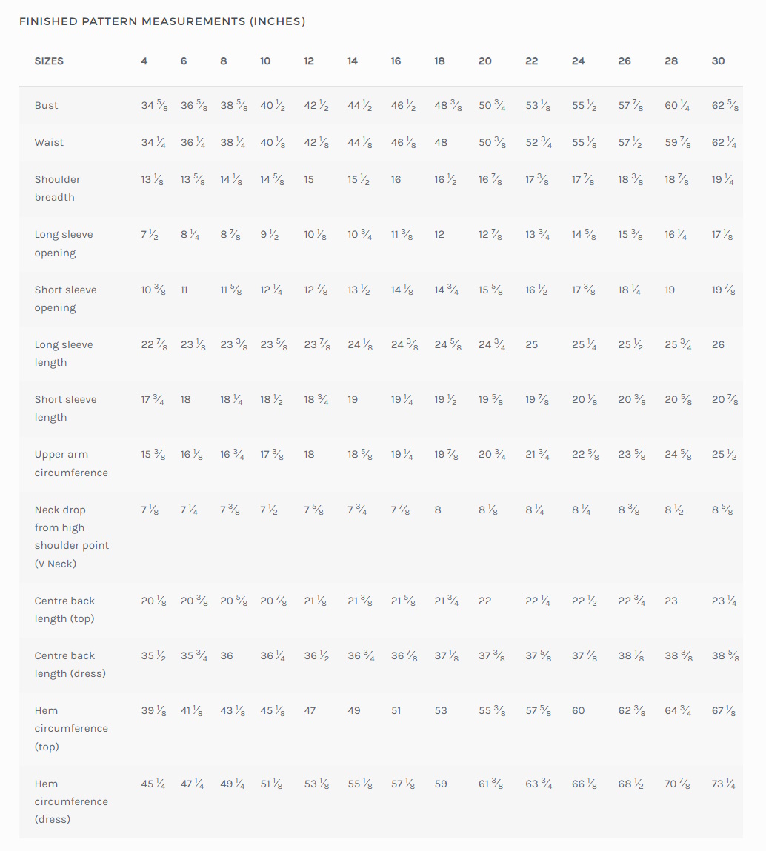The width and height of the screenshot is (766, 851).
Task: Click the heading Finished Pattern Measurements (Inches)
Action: pos(162,21)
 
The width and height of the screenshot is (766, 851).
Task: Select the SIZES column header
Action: pos(49,61)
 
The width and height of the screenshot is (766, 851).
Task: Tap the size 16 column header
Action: pos(396,61)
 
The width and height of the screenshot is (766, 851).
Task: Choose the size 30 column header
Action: pos(719,61)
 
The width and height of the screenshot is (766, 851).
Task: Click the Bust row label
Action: pos(46,105)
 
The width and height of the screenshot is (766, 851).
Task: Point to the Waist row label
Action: pos(49,142)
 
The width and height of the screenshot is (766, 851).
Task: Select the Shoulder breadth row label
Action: pos(57,188)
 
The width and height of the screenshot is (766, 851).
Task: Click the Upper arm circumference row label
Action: pos(71,463)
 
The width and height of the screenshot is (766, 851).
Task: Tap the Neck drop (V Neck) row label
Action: pos(72,536)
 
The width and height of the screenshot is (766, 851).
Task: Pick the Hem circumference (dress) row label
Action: pos(71,801)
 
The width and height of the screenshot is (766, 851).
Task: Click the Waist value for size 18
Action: pos(441,142)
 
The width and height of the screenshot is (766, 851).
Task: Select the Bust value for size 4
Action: pos(154,105)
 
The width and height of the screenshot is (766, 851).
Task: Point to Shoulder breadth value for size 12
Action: pos(309,179)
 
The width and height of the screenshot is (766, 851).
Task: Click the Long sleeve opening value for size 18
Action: pos(439,234)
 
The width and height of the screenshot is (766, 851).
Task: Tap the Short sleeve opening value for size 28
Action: pos(670,290)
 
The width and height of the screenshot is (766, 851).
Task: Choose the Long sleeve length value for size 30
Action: pos(719,344)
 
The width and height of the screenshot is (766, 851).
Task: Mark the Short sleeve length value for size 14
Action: pos(353,399)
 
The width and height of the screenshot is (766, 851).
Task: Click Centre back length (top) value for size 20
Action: pos(484,601)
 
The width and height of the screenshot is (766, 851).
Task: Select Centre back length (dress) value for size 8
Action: pos(227,655)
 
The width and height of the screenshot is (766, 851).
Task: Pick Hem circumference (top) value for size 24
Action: pos(578,710)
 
